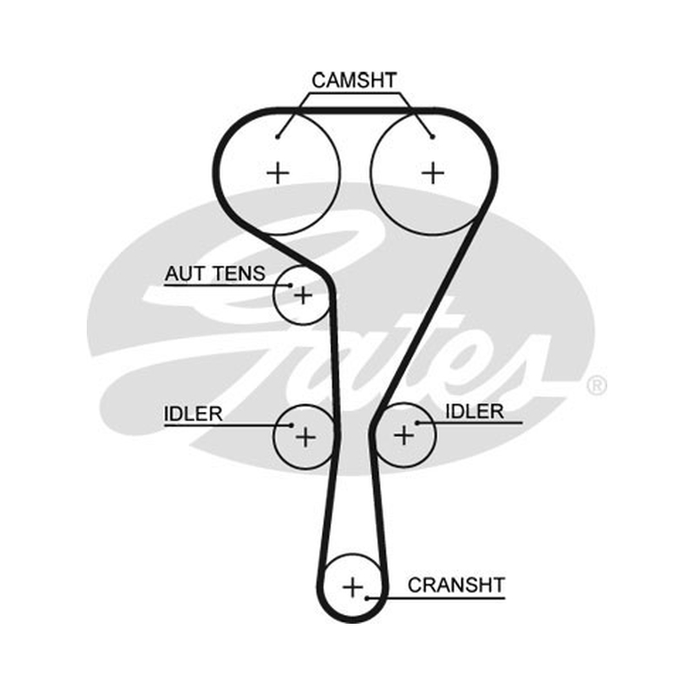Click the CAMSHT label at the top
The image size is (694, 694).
click(354, 81)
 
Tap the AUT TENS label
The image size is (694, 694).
click(215, 273)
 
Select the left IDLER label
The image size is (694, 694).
click(193, 414)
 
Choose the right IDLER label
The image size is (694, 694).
click(475, 411)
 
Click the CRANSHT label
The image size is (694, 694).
click(456, 585)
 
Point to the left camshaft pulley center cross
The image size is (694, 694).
click(278, 173)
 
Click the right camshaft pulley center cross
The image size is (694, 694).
click(433, 173)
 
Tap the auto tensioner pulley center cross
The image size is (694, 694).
click(303, 295)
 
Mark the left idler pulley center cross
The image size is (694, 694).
click(305, 437)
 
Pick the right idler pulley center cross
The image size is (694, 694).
click(403, 435)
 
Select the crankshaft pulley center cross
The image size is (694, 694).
click(353, 588)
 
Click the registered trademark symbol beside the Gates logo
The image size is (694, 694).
click(597, 385)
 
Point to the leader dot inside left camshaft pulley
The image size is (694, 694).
click(278, 137)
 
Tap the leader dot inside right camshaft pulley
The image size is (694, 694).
click(432, 137)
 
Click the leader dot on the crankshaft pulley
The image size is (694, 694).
click(367, 599)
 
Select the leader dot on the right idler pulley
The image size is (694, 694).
click(416, 423)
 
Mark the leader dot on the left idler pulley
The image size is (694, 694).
click(291, 425)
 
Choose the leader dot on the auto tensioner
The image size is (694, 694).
click(291, 285)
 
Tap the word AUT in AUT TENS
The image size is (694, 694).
click(185, 273)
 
